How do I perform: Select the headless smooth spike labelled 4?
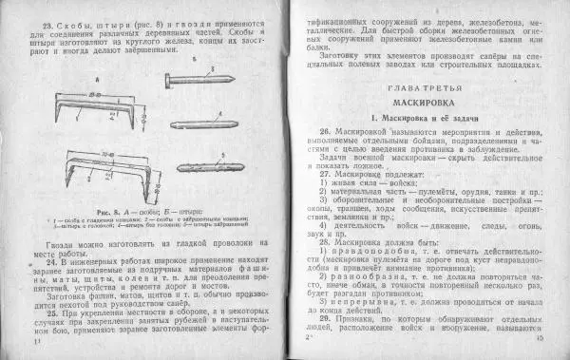tap(203, 123)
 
